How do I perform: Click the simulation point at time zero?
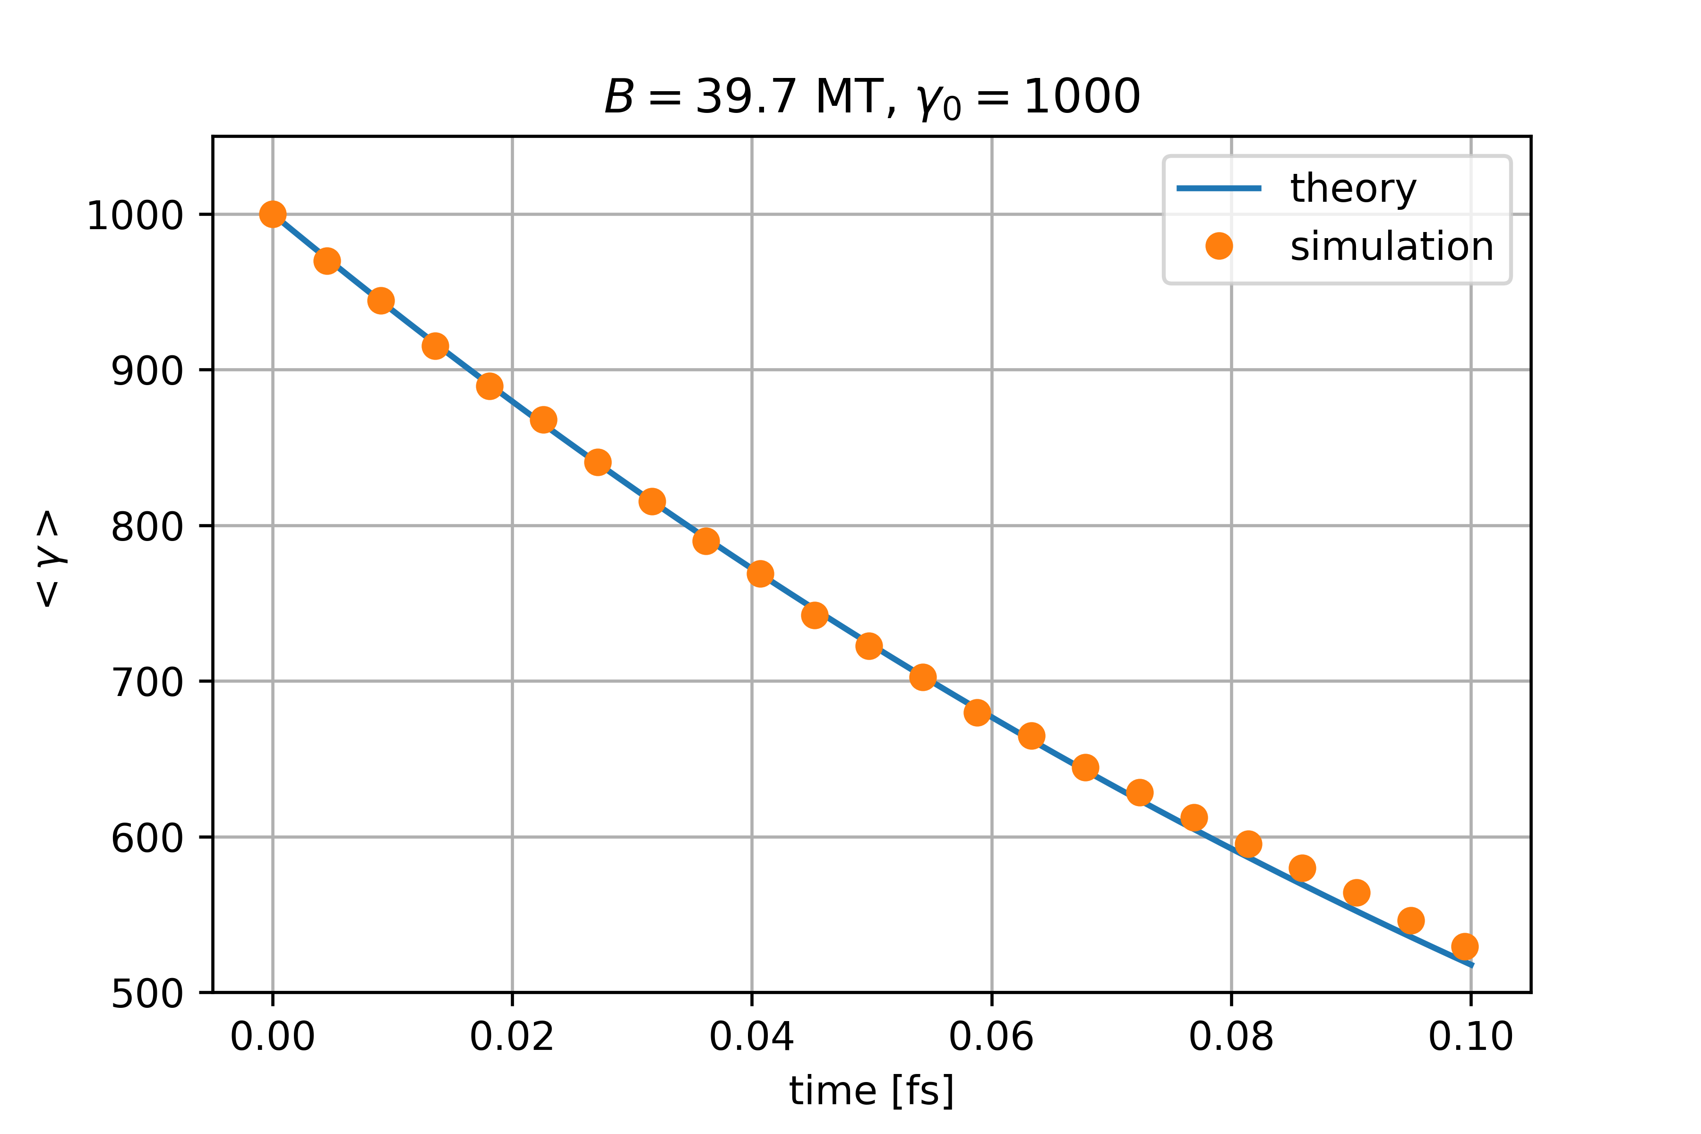273,214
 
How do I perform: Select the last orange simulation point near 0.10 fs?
1464,946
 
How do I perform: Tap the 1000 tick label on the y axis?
135,215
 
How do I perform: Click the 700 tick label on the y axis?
147,682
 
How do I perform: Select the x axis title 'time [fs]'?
871,1091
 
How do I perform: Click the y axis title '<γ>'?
49,558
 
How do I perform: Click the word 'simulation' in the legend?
1392,247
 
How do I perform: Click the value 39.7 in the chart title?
746,97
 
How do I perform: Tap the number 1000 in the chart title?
1081,97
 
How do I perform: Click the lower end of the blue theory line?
1471,965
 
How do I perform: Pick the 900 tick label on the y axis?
147,371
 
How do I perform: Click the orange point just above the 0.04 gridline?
760,574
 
